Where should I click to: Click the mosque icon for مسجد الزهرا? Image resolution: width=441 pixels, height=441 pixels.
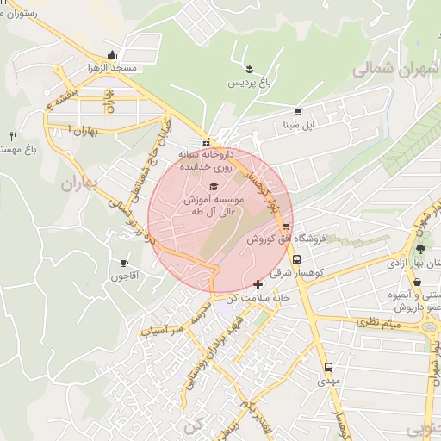point(111,53)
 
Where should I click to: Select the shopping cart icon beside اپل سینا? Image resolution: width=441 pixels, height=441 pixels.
point(298,111)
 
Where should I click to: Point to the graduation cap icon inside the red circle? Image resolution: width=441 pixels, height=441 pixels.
point(214,186)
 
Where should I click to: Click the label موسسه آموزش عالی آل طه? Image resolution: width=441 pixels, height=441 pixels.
point(215,204)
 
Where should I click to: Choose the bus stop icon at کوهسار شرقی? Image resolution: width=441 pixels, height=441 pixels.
point(296,258)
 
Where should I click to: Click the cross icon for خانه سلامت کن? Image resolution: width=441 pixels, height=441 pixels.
point(258,284)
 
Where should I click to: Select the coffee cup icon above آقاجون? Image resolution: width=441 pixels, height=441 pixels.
point(125,262)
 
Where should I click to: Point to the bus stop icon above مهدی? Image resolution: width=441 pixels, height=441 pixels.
point(326,365)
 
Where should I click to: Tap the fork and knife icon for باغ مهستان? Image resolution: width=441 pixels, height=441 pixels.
point(12,136)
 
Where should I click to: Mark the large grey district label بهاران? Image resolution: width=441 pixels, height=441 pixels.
point(83,184)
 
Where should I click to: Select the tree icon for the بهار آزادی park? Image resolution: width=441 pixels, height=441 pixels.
point(420,248)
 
